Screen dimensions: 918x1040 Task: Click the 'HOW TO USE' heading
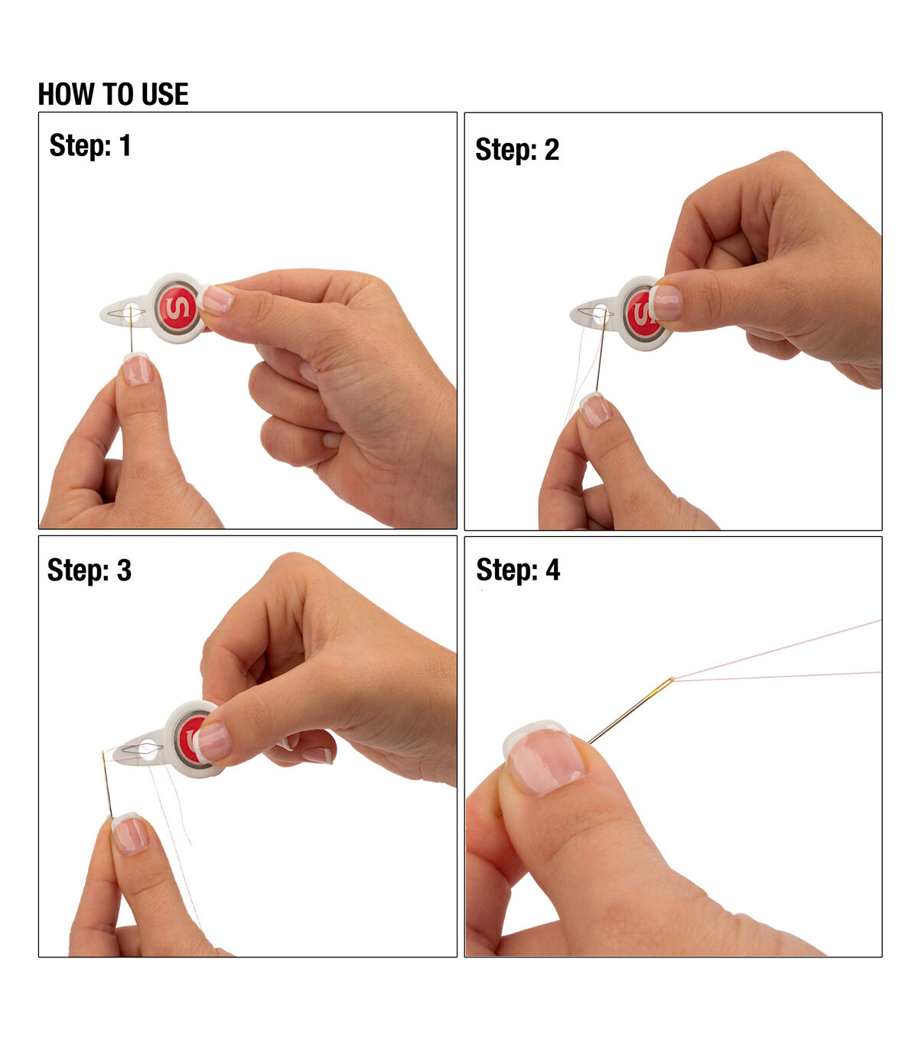tap(113, 94)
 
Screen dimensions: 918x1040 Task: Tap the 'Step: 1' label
tap(90, 145)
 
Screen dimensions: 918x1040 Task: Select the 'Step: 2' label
tap(517, 149)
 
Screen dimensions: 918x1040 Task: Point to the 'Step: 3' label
tap(90, 570)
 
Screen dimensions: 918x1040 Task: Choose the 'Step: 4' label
tap(518, 570)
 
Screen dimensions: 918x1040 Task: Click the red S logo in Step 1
tap(177, 308)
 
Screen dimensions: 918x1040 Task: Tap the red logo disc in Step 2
tap(641, 312)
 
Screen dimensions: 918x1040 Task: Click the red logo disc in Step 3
tap(190, 739)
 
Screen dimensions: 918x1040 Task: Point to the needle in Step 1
tap(131, 329)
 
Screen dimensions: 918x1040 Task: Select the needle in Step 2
tap(601, 352)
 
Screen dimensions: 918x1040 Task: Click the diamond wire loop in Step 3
tap(143, 749)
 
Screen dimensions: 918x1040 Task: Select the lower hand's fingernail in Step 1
tap(137, 369)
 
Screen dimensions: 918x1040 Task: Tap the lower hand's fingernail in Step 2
tap(596, 410)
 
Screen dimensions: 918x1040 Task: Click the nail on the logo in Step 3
tap(212, 741)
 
